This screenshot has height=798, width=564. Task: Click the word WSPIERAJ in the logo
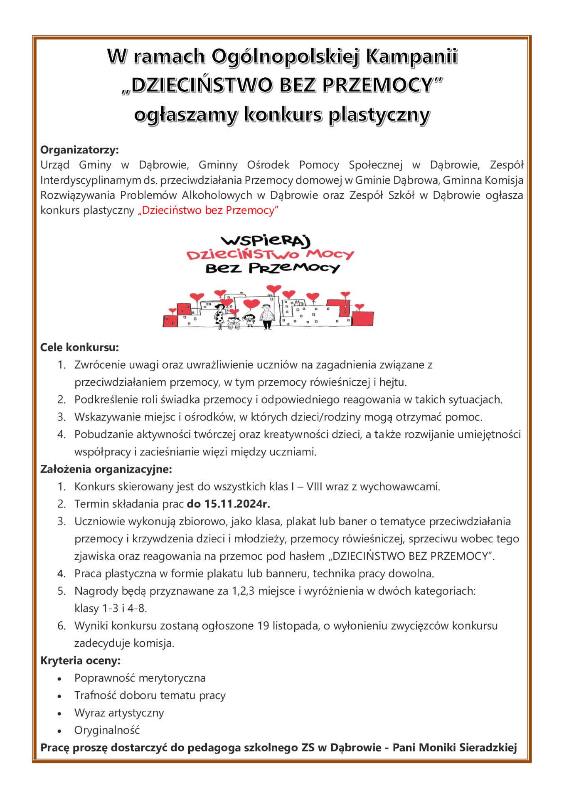(x=266, y=241)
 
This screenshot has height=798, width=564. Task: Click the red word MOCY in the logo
(x=330, y=254)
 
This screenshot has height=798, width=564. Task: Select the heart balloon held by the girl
(x=251, y=304)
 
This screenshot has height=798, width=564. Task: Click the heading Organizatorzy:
(x=79, y=150)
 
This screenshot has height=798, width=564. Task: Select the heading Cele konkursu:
(x=79, y=347)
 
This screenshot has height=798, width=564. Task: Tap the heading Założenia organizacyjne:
(x=106, y=469)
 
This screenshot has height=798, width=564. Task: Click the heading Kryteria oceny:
(x=80, y=660)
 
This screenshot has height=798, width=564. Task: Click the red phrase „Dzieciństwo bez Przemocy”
(x=208, y=210)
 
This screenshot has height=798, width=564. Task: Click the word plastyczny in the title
(x=379, y=115)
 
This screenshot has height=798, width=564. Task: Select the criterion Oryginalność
(x=107, y=730)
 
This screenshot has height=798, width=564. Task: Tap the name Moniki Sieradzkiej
(x=468, y=748)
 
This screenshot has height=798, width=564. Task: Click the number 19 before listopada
(x=263, y=626)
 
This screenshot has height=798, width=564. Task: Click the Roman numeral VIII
(x=314, y=487)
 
